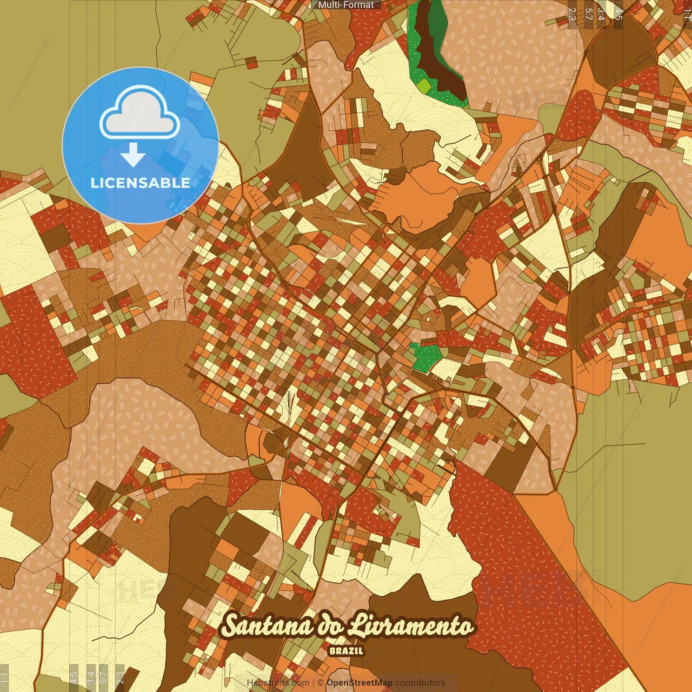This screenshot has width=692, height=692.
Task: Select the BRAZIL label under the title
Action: (x=346, y=651)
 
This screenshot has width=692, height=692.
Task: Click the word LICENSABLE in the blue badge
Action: (x=141, y=183)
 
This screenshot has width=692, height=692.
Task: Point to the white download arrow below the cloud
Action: (x=133, y=155)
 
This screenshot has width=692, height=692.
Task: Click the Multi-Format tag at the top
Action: (x=346, y=5)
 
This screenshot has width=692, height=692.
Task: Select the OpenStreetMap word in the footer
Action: (x=359, y=683)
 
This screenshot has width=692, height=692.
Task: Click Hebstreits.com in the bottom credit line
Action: (x=278, y=683)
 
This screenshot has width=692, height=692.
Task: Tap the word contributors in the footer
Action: (x=420, y=683)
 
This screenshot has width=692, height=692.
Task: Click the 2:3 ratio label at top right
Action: (x=572, y=14)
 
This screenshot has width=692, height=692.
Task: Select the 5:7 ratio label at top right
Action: (x=588, y=14)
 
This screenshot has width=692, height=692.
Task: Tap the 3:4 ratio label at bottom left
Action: (x=91, y=677)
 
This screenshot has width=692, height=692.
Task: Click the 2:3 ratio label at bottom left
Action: (x=119, y=677)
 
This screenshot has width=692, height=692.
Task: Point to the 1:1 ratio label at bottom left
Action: (x=4, y=678)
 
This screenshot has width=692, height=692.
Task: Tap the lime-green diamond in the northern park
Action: (x=424, y=85)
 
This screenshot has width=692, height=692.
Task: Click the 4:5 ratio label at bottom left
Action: (x=74, y=677)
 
